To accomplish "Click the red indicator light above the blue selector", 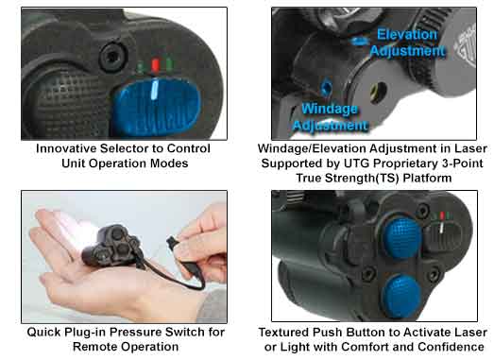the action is coord(155,65).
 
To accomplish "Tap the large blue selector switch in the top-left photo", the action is coord(157,107).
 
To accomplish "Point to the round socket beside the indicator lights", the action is coord(112,57).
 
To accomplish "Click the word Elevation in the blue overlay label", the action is coord(407,34).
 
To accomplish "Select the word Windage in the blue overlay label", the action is coord(330,109).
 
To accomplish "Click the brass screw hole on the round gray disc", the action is coord(379,92).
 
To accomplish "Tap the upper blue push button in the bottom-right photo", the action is coord(402,237).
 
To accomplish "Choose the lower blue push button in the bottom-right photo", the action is coord(401,296).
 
